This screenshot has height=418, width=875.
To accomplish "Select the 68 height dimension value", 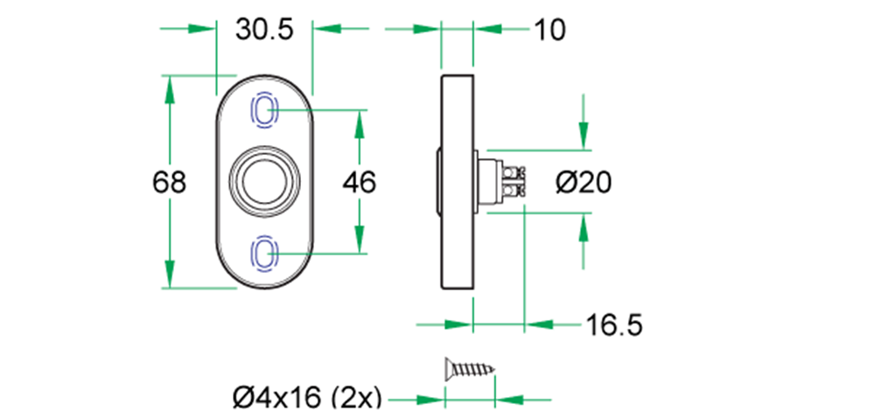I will pos(169,183).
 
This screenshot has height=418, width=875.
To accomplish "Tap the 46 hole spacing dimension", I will pos(359,183).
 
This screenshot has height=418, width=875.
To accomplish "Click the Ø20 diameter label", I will pos(583,183).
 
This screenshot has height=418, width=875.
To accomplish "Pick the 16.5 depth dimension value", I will pos(614,325).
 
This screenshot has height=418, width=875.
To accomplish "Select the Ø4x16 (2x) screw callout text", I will pos(307,399).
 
